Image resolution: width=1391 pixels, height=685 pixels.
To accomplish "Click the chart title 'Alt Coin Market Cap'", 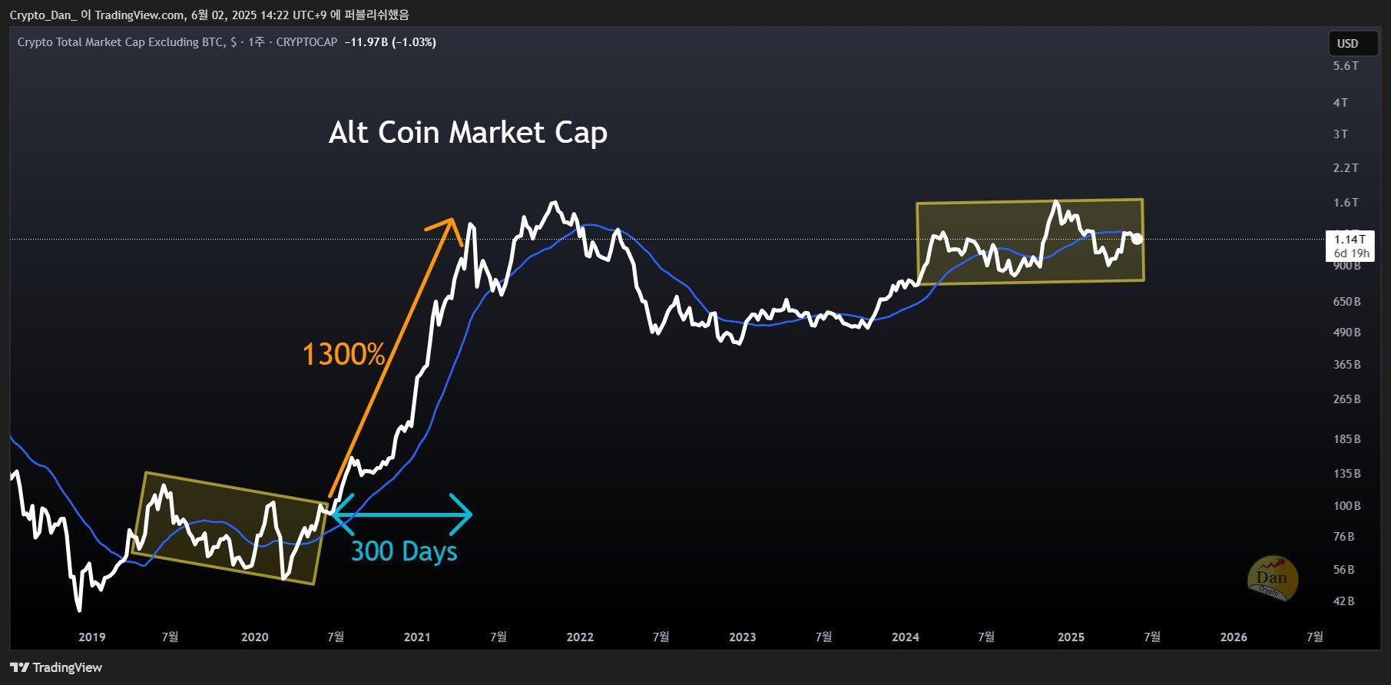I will pyautogui.click(x=468, y=133).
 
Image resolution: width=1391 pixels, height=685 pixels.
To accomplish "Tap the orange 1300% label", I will pyautogui.click(x=343, y=355).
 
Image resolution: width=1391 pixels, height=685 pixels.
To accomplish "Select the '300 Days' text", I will pyautogui.click(x=404, y=551).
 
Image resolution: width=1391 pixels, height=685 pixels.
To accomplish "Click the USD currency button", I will pyautogui.click(x=1348, y=44).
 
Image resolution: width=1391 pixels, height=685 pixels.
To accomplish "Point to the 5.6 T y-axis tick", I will pyautogui.click(x=1346, y=66).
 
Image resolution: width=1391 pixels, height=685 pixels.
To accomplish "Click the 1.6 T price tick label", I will pyautogui.click(x=1346, y=203).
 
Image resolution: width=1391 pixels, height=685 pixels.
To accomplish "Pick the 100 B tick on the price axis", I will pyautogui.click(x=1346, y=506).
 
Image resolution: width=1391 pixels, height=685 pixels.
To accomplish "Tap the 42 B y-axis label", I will pyautogui.click(x=1344, y=601).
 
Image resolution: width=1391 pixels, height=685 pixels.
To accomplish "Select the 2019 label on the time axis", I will pyautogui.click(x=92, y=637).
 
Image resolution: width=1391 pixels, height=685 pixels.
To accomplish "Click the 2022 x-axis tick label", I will pyautogui.click(x=580, y=637).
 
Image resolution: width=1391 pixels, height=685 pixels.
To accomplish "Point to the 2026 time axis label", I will pyautogui.click(x=1234, y=637).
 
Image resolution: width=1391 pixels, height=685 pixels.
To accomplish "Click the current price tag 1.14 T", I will pyautogui.click(x=1350, y=240).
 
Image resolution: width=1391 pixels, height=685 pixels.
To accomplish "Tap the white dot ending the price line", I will pyautogui.click(x=1137, y=239).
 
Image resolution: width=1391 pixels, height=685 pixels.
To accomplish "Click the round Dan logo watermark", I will pyautogui.click(x=1273, y=577).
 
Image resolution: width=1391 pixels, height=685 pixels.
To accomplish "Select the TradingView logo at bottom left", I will pyautogui.click(x=56, y=667).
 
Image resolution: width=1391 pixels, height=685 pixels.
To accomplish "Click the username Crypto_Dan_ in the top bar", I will pyautogui.click(x=42, y=15).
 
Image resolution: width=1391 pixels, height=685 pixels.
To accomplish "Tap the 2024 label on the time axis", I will pyautogui.click(x=906, y=637).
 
